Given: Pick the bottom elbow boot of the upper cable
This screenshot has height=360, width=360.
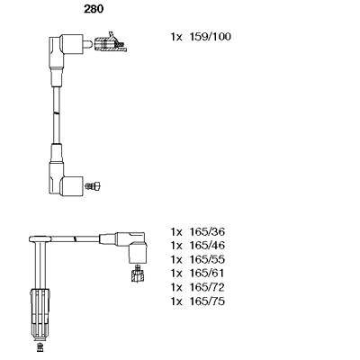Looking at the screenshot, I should (x=63, y=175).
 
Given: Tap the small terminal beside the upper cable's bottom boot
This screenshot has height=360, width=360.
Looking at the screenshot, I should (x=92, y=185).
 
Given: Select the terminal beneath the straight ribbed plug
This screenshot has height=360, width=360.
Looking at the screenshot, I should (x=40, y=346).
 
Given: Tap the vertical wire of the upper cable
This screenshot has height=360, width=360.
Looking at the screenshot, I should (x=56, y=108).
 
